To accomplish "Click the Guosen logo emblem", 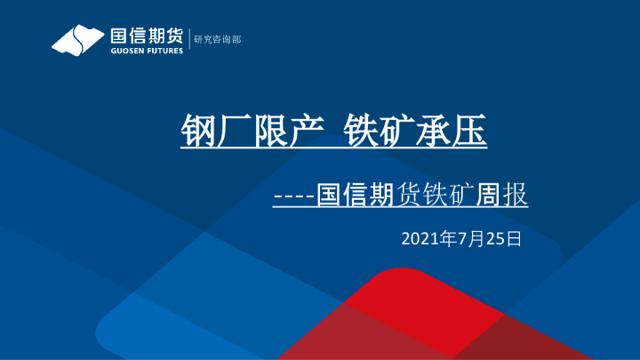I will [78, 40].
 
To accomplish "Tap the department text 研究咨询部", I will [219, 40].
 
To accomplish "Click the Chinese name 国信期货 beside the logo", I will [146, 36].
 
